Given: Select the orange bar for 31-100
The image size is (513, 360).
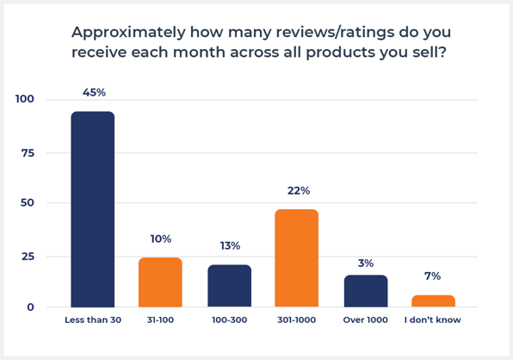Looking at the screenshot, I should coord(160,282).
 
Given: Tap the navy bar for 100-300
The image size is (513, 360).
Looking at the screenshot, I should coord(229,286).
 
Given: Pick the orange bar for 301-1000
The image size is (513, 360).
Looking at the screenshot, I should coord(296,258).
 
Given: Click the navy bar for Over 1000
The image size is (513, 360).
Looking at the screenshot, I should coord(366,291).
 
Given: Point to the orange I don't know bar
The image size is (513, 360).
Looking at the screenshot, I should coord(433,301).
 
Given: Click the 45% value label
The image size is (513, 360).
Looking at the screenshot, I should coord(94,92).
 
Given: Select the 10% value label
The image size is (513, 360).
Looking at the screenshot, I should coord(161,239).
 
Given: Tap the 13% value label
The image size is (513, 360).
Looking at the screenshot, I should coord(230,245).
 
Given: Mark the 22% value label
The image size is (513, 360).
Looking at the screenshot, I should coord(299,190).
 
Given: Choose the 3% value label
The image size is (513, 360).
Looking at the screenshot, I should coord(366,263).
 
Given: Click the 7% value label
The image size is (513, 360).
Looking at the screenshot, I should coord(432,276).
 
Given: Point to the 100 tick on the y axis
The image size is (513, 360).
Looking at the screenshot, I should coord(25,99).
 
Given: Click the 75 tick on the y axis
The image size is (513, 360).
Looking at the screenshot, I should coord(28,152).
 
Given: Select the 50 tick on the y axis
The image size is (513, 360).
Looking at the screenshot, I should coord(28,203).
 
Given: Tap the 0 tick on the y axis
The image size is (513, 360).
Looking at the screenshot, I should coord(30,307).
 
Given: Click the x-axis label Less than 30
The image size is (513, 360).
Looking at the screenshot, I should coord(92,320).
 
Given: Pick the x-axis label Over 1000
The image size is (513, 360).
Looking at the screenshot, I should coord(366,320).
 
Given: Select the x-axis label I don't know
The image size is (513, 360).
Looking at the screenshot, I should coord(433,320).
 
